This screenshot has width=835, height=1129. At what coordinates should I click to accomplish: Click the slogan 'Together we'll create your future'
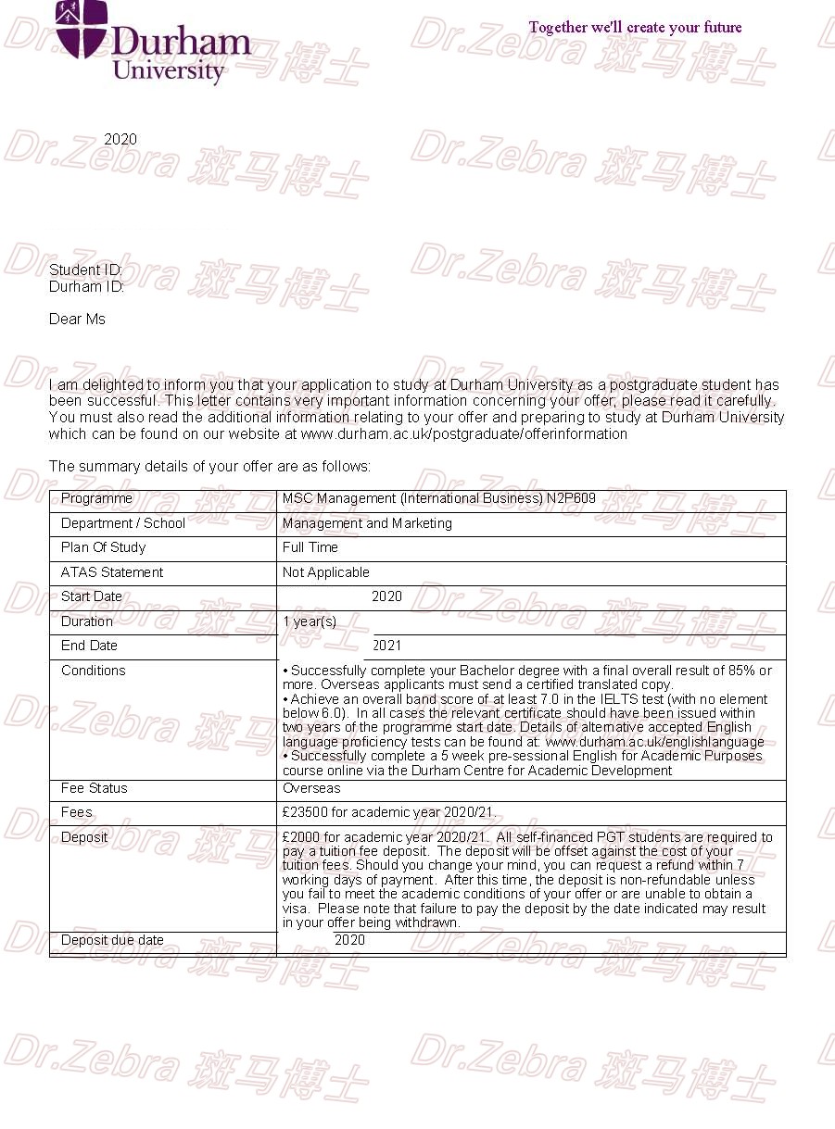635,28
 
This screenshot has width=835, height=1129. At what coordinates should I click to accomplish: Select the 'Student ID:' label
85,270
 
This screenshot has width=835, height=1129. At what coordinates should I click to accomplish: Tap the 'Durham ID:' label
86,287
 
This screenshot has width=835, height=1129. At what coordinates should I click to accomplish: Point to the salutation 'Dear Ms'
77,320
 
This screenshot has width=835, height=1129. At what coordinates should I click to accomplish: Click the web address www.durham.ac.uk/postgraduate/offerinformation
464,433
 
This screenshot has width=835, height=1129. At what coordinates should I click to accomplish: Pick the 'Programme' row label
96,499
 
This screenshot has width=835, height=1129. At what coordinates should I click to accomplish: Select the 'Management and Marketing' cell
367,523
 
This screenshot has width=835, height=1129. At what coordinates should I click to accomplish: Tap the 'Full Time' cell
310,547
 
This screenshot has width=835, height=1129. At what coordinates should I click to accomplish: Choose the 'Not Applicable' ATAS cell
325,572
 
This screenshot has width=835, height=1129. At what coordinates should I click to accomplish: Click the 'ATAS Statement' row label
112,572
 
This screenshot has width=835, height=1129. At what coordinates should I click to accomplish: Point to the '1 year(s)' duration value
310,621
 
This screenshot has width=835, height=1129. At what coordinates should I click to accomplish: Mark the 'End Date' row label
89,646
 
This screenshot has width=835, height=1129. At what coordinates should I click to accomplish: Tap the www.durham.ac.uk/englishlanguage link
655,742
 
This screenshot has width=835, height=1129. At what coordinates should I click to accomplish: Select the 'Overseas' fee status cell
311,788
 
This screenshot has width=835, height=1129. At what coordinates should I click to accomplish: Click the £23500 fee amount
306,812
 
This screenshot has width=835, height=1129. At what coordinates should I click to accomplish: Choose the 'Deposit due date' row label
112,940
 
